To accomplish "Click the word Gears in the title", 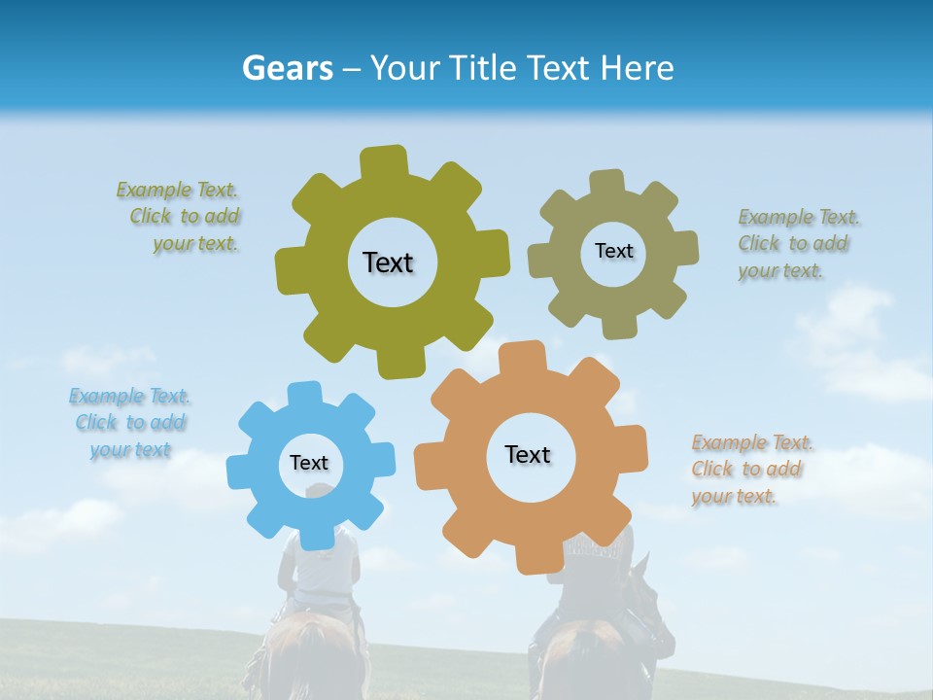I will click(x=287, y=68).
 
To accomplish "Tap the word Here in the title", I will click(x=637, y=68).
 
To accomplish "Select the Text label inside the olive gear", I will click(x=388, y=262).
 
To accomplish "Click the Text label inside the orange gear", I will click(x=528, y=454).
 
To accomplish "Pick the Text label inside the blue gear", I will click(x=309, y=464).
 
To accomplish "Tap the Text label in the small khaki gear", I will click(x=613, y=251).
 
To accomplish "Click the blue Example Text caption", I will click(x=130, y=423).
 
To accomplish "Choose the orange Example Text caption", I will click(x=749, y=470).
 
